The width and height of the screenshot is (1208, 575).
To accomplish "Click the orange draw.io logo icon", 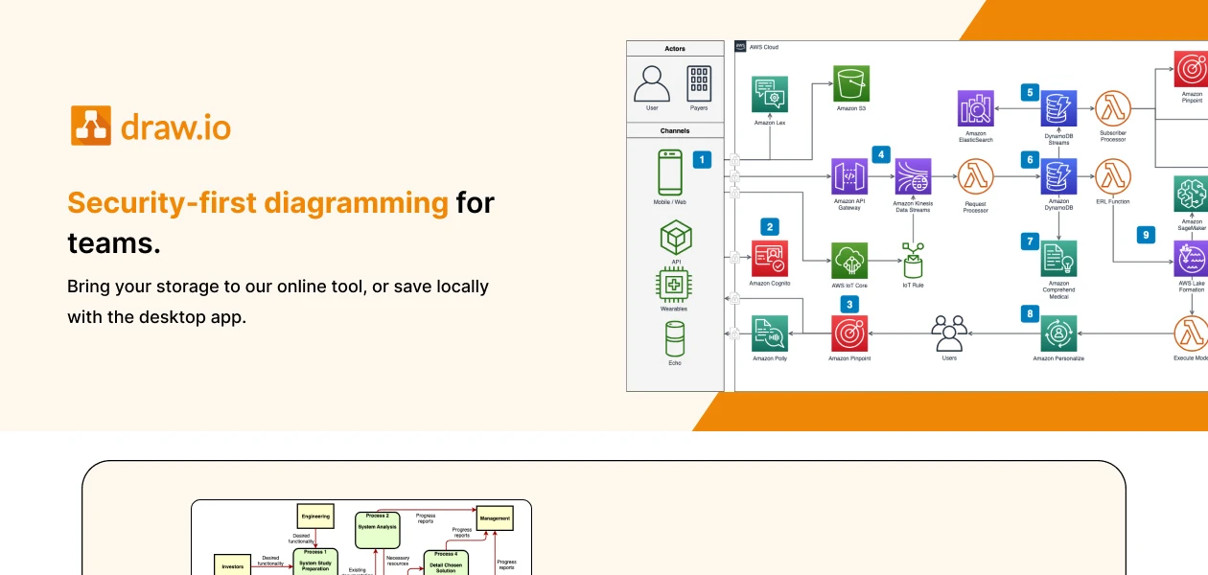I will pyautogui.click(x=91, y=126).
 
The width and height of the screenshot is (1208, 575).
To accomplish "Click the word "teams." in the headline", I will pyautogui.click(x=113, y=243).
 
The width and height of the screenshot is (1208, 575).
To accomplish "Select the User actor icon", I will pyautogui.click(x=652, y=83).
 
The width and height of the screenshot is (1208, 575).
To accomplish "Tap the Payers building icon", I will pyautogui.click(x=699, y=83).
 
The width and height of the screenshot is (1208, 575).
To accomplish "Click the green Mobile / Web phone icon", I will pyautogui.click(x=670, y=172).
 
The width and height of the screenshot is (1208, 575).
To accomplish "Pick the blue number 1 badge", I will pyautogui.click(x=702, y=160).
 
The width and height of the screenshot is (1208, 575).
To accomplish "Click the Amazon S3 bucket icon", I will pyautogui.click(x=850, y=83).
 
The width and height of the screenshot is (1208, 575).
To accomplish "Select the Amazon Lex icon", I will pyautogui.click(x=770, y=94).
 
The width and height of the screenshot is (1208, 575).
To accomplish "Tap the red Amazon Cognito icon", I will pyautogui.click(x=770, y=259).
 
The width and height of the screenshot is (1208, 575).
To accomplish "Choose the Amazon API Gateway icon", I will pyautogui.click(x=848, y=177).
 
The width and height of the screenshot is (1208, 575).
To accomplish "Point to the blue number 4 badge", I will pyautogui.click(x=881, y=153).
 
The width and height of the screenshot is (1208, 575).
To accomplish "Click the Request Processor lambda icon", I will pyautogui.click(x=975, y=177).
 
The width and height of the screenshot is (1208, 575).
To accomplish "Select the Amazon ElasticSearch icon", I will pyautogui.click(x=976, y=108).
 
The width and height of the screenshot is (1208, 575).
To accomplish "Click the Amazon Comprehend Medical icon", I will pyautogui.click(x=1058, y=259).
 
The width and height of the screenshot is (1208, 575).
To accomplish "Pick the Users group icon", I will pyautogui.click(x=949, y=333).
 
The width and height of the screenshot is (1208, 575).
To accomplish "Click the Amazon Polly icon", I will pyautogui.click(x=770, y=333).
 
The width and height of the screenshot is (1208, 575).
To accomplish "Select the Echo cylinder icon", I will pyautogui.click(x=676, y=339).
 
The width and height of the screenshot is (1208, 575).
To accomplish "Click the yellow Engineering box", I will pyautogui.click(x=315, y=517).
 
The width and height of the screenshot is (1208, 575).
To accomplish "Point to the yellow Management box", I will pyautogui.click(x=495, y=517).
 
